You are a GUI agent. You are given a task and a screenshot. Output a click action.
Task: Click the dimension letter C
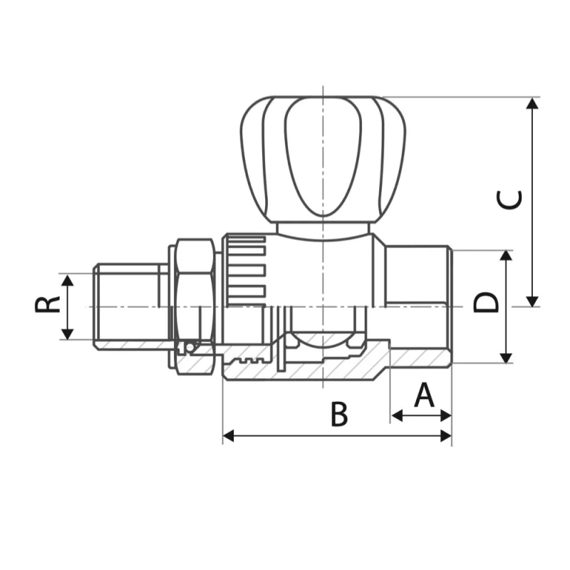[x=510, y=200]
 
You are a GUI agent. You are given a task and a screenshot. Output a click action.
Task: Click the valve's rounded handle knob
[x=323, y=157]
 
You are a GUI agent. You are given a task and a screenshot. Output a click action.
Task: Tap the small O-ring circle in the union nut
[x=189, y=347]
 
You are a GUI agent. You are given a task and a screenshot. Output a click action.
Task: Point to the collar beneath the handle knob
[x=323, y=229]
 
